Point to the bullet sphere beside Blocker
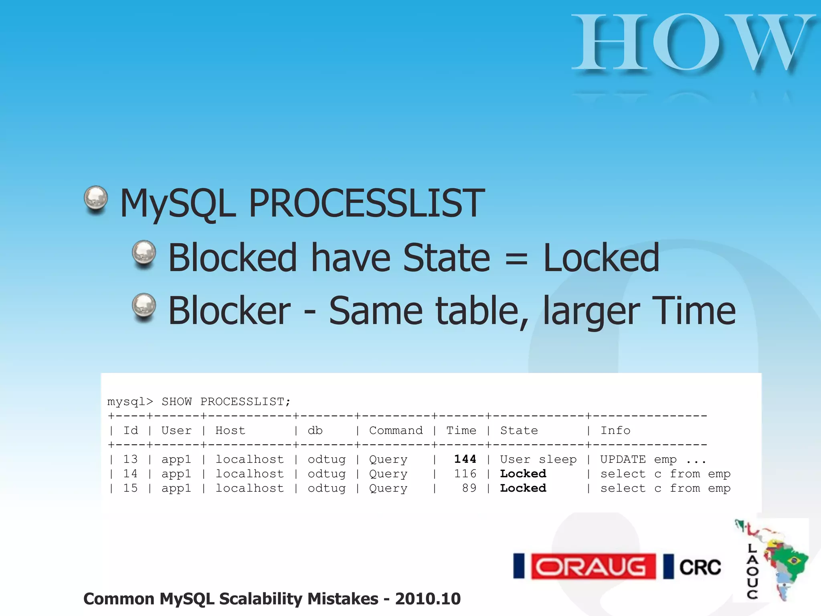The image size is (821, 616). (144, 307)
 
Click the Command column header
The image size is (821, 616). (396, 430)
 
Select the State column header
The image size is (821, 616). (519, 430)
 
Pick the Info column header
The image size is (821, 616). (615, 430)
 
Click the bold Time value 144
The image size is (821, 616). (465, 459)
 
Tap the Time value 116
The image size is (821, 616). (465, 474)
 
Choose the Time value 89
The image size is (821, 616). (469, 488)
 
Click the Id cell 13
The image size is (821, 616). (130, 459)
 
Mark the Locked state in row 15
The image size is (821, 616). (523, 488)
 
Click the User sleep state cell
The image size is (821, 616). (538, 459)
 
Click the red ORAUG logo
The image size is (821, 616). (593, 567)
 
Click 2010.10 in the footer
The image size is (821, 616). (428, 599)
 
